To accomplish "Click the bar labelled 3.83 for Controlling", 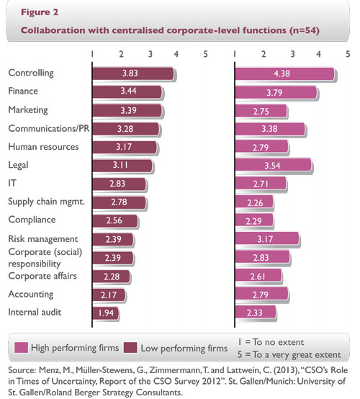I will (x=133, y=73).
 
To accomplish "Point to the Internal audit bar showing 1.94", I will (x=107, y=312).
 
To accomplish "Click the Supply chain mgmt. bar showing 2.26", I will (x=256, y=202).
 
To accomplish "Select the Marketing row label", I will (x=27, y=109).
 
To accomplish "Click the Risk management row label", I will (x=42, y=238).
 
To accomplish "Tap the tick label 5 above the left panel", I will (x=206, y=54).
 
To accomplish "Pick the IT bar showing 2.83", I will (x=120, y=184).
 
